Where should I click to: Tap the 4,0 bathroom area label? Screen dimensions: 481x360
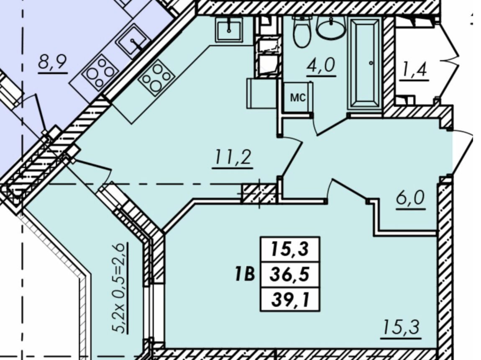coord(321,65)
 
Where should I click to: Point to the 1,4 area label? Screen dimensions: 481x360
coord(414,71)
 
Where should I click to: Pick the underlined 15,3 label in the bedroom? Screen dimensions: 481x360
coord(401,327)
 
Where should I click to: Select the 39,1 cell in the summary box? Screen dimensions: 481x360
coord(289,299)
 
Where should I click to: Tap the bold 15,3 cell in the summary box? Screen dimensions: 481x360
coord(289,249)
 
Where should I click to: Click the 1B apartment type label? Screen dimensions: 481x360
coord(245,274)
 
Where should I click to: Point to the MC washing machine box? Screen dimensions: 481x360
coord(298,97)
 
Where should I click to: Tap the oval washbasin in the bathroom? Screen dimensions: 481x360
coord(331,28)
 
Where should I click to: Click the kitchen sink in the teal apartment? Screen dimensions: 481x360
coord(229,29)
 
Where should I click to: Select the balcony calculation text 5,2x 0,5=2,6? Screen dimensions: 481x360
coord(120,288)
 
